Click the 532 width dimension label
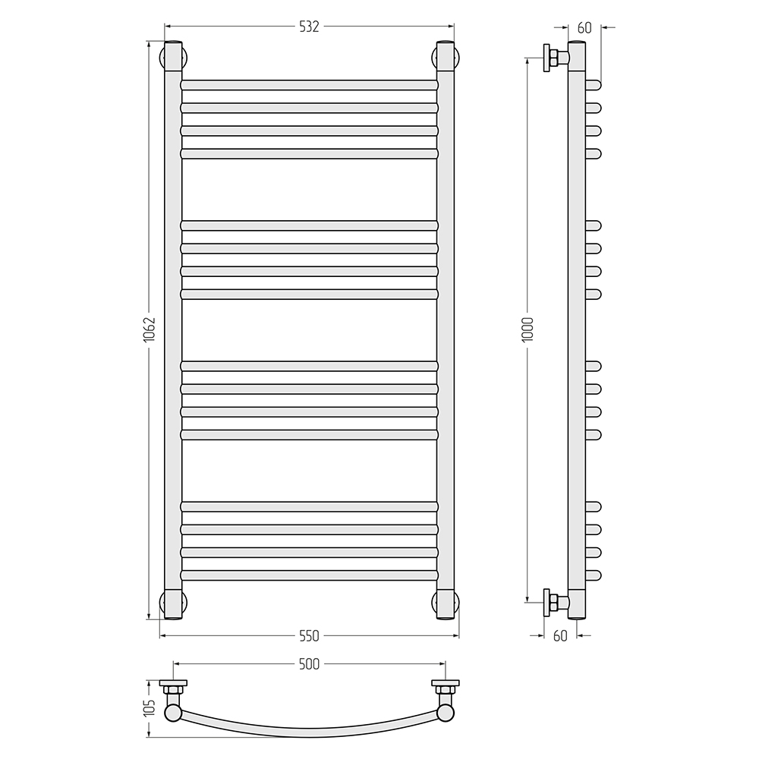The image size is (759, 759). pyautogui.click(x=309, y=27)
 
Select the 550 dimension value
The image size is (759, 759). pyautogui.click(x=309, y=635)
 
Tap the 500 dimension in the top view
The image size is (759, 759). pyautogui.click(x=309, y=664)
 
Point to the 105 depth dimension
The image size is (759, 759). pyautogui.click(x=150, y=708)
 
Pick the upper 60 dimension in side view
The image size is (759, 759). pyautogui.click(x=584, y=28)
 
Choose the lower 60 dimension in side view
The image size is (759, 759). pyautogui.click(x=559, y=636)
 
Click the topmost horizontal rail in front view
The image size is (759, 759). pyautogui.click(x=310, y=85)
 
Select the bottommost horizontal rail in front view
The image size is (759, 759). pyautogui.click(x=310, y=575)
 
